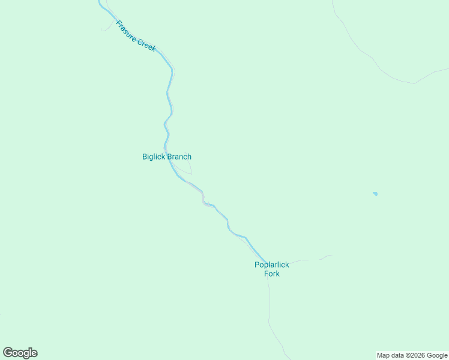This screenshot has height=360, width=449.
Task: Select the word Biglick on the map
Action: coord(154,157)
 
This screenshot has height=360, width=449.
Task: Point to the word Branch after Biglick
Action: coord(179,157)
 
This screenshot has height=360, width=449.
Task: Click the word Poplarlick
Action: coord(272,265)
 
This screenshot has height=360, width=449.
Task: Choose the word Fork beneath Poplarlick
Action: coord(272,274)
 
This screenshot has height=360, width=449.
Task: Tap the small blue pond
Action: coord(375,194)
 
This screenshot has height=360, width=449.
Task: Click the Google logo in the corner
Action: coord(20,353)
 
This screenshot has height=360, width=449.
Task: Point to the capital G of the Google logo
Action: coord(8,353)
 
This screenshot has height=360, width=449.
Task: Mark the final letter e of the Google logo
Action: coord(34,353)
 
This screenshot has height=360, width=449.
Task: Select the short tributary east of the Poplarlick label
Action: coord(312,260)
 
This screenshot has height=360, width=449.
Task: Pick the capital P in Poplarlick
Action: coord(257,265)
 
